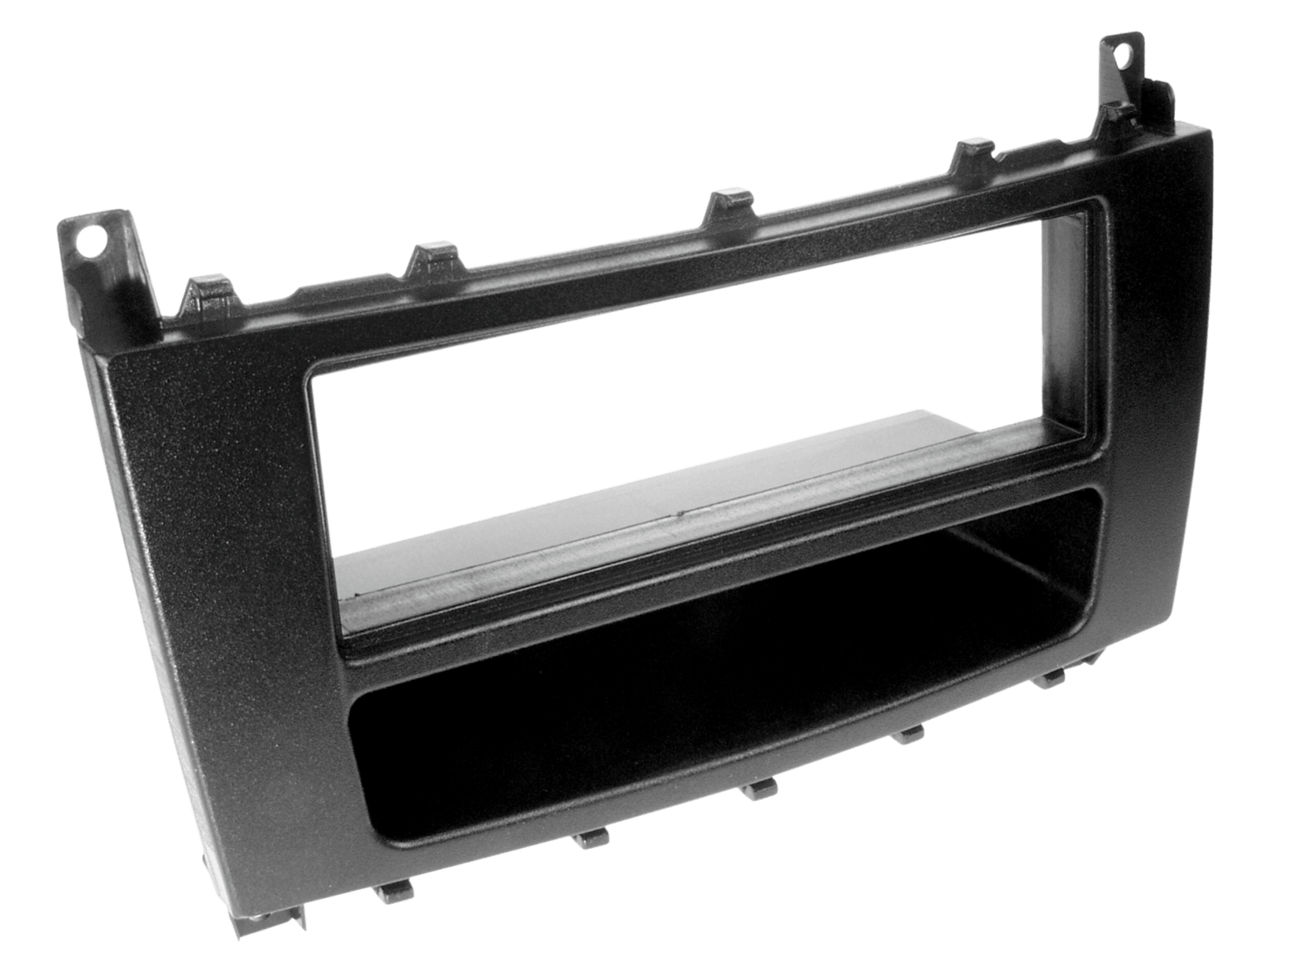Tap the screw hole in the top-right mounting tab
[1123, 56]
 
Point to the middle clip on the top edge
[725, 202]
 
